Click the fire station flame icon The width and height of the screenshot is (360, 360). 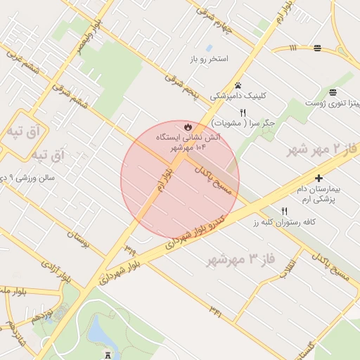[188, 127]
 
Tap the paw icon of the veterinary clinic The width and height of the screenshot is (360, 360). [239, 85]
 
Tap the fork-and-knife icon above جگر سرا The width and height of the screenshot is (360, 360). [243, 112]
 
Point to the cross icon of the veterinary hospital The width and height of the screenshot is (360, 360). [319, 179]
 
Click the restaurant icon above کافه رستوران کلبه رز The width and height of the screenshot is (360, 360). [285, 211]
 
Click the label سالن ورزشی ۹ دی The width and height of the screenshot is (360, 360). [27, 179]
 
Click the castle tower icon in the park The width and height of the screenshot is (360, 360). [107, 355]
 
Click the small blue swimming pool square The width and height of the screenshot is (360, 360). [209, 48]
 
